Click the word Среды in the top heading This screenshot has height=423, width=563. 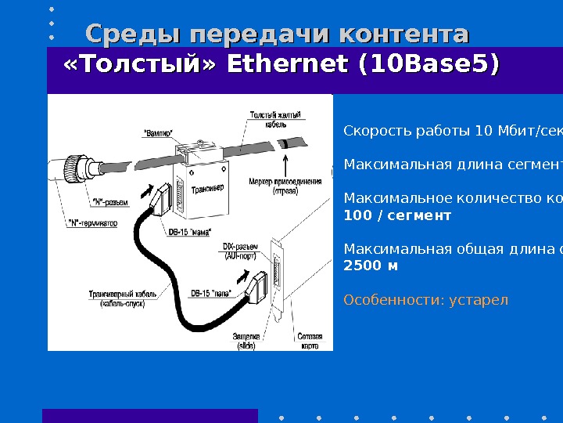click(131, 35)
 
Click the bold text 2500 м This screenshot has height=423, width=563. click(371, 266)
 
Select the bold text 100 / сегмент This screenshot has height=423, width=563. click(397, 215)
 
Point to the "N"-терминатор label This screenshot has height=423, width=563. click(93, 222)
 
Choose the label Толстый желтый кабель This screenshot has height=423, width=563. click(274, 119)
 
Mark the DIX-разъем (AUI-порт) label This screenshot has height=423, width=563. click(241, 251)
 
